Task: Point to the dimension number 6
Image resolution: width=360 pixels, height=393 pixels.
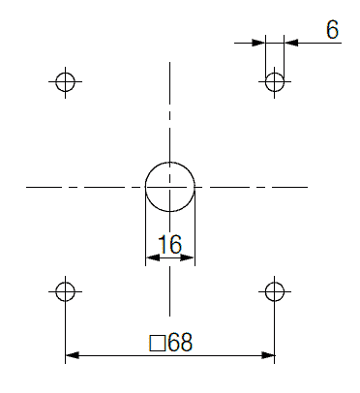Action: coord(332,30)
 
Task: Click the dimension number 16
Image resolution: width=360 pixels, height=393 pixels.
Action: coord(170,244)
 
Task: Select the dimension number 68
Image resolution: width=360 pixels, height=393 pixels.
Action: coord(180,342)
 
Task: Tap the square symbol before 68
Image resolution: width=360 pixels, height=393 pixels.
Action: coord(158,343)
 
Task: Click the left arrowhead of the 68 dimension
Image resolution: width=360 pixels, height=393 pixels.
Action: coord(73,355)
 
